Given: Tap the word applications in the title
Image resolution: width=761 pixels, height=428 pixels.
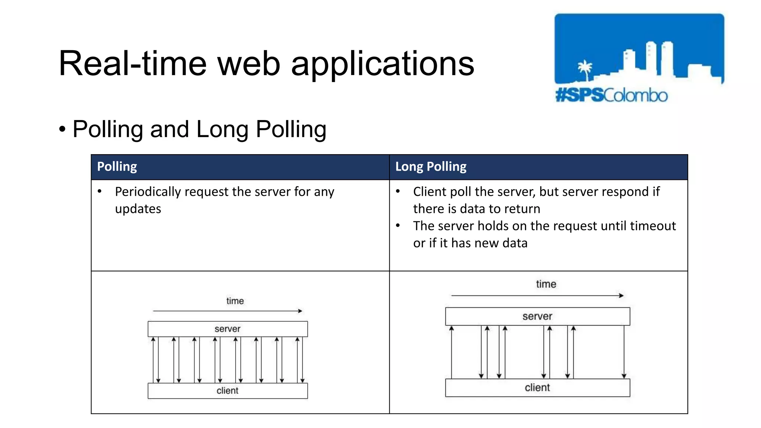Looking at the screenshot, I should coord(382,64).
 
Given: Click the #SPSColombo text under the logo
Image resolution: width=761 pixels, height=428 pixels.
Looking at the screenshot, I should coord(611,95).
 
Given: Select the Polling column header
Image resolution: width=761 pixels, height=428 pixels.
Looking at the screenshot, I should coord(117,167).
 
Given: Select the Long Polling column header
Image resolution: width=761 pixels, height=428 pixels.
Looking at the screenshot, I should coord(431,167).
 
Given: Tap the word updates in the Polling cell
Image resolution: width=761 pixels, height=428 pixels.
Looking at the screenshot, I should coord(138,209).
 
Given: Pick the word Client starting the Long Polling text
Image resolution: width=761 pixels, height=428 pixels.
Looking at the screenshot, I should coord(429,192).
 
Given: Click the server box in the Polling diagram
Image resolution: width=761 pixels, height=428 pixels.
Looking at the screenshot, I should coord(227,329).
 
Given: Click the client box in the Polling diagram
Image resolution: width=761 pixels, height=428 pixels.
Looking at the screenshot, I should coord(227,391).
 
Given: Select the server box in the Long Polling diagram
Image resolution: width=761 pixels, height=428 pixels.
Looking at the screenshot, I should coord(537,317).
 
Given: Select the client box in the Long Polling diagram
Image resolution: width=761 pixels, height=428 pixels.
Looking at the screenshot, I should coord(537,388).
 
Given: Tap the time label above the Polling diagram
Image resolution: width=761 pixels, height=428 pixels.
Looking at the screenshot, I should coord(235,301).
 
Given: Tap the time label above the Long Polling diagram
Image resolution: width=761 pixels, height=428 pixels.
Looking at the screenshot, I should coord(546,284).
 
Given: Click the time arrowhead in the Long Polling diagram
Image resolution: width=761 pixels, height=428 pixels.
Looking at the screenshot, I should coord(621,296).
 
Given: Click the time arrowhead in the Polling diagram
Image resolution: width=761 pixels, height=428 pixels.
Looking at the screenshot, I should coord(300,311).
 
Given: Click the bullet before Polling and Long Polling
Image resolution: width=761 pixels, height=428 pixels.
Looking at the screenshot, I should coord(62,130).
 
